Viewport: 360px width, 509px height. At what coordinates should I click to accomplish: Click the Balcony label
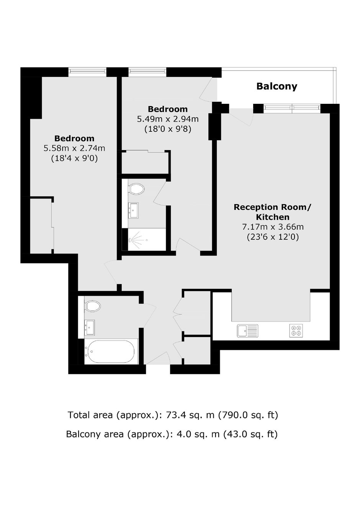(x=277, y=86)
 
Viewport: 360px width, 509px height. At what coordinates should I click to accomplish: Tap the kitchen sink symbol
(x=248, y=331)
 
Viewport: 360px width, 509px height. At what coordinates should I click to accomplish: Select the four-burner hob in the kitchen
(x=296, y=331)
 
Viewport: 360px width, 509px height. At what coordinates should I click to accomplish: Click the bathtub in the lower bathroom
(x=111, y=352)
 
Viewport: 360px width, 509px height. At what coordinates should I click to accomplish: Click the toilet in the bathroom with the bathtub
(x=93, y=306)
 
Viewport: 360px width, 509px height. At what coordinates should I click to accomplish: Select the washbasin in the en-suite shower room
(x=133, y=210)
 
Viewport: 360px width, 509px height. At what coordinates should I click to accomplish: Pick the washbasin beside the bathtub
(x=90, y=327)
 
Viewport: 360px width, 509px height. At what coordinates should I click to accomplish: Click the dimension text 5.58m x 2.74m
(x=74, y=149)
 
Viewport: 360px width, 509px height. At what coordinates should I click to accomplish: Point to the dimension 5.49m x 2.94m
(x=168, y=119)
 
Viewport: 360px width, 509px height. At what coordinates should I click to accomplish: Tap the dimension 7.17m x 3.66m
(x=273, y=227)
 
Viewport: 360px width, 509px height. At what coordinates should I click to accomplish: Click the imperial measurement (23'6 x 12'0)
(x=273, y=237)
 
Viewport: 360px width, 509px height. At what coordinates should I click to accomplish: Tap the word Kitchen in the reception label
(x=273, y=217)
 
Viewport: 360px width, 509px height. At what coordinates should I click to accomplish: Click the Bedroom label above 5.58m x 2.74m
(x=74, y=138)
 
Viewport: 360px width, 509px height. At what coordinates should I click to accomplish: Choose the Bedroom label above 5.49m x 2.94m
(x=168, y=109)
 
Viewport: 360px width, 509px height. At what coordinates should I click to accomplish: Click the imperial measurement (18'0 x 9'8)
(x=168, y=129)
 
